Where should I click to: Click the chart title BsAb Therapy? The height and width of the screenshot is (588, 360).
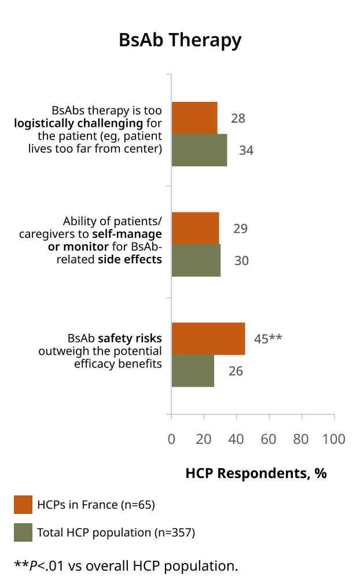coord(180,41)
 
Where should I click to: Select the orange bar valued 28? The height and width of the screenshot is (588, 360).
coord(194,117)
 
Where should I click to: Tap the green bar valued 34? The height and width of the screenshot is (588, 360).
coord(199,150)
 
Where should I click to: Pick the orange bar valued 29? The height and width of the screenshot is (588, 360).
coord(196,229)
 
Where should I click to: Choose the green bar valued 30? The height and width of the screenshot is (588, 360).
coord(196,260)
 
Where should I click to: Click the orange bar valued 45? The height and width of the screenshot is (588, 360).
coord(208,339)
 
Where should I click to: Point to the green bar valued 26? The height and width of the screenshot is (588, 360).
coord(193,370)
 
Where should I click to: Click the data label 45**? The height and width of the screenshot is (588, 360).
coord(268,339)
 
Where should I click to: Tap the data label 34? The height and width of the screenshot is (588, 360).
coord(247,150)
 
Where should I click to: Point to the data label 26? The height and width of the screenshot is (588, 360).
coord(236,371)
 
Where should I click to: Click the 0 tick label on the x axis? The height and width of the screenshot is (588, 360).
coord(171,439)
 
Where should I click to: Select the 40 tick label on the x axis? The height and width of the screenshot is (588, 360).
coord(236,439)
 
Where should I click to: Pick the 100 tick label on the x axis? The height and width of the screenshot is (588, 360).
coord(334,439)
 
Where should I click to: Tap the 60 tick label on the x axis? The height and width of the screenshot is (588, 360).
coord(269,439)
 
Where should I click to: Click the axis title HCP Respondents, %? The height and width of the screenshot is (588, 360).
coord(256,473)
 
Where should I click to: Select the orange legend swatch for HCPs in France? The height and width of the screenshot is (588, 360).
coord(23,505)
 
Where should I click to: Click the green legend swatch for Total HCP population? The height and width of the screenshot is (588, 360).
coord(23,532)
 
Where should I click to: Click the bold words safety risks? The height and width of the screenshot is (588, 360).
coord(130,338)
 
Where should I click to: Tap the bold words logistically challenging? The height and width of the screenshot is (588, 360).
coord(78,123)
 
